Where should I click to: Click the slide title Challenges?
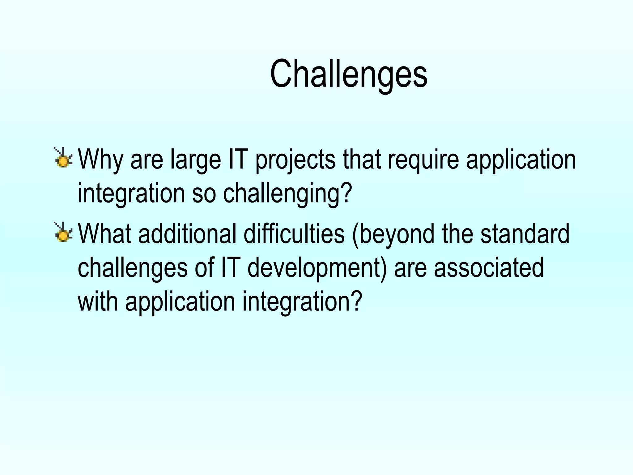pos(349,74)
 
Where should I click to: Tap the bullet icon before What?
pos(63,232)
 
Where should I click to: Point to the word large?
pos(196,160)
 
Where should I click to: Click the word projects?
pos(295,160)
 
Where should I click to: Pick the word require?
pos(423,160)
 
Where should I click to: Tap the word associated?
pos(489,268)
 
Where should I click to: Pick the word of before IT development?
pos(204,268)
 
